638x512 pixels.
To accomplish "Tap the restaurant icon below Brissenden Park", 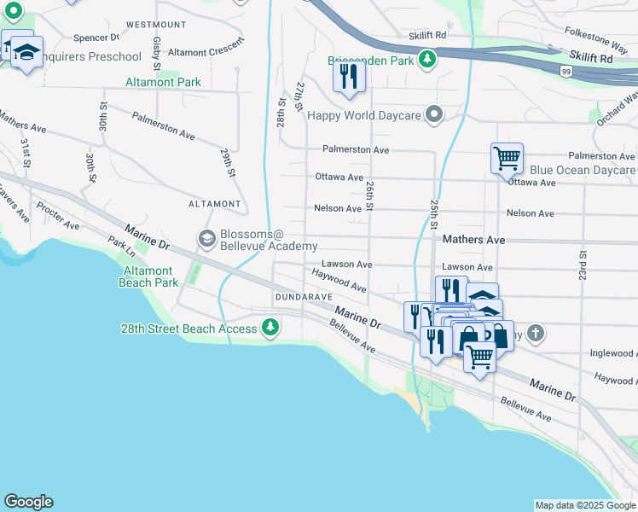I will coord(348,77).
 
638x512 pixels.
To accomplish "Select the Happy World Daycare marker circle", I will coord(435,114).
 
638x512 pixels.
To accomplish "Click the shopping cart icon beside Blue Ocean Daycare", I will coord(507,158).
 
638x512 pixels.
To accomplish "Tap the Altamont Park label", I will coord(163,83).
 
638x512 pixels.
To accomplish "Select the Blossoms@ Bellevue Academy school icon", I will coord(206,239).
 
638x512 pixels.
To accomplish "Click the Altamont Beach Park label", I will coord(148,276).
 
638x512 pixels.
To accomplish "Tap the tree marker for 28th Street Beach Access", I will coord(270,328).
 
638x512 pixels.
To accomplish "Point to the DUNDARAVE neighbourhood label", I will coord(301,296).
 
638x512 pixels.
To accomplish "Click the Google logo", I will coord(28,502).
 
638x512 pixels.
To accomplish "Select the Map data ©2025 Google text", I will coord(584,505).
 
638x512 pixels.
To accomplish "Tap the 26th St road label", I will coord(369,195).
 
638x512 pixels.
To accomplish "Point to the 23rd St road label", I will coord(583,265).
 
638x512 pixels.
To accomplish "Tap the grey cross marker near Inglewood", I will coord(535,333).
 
